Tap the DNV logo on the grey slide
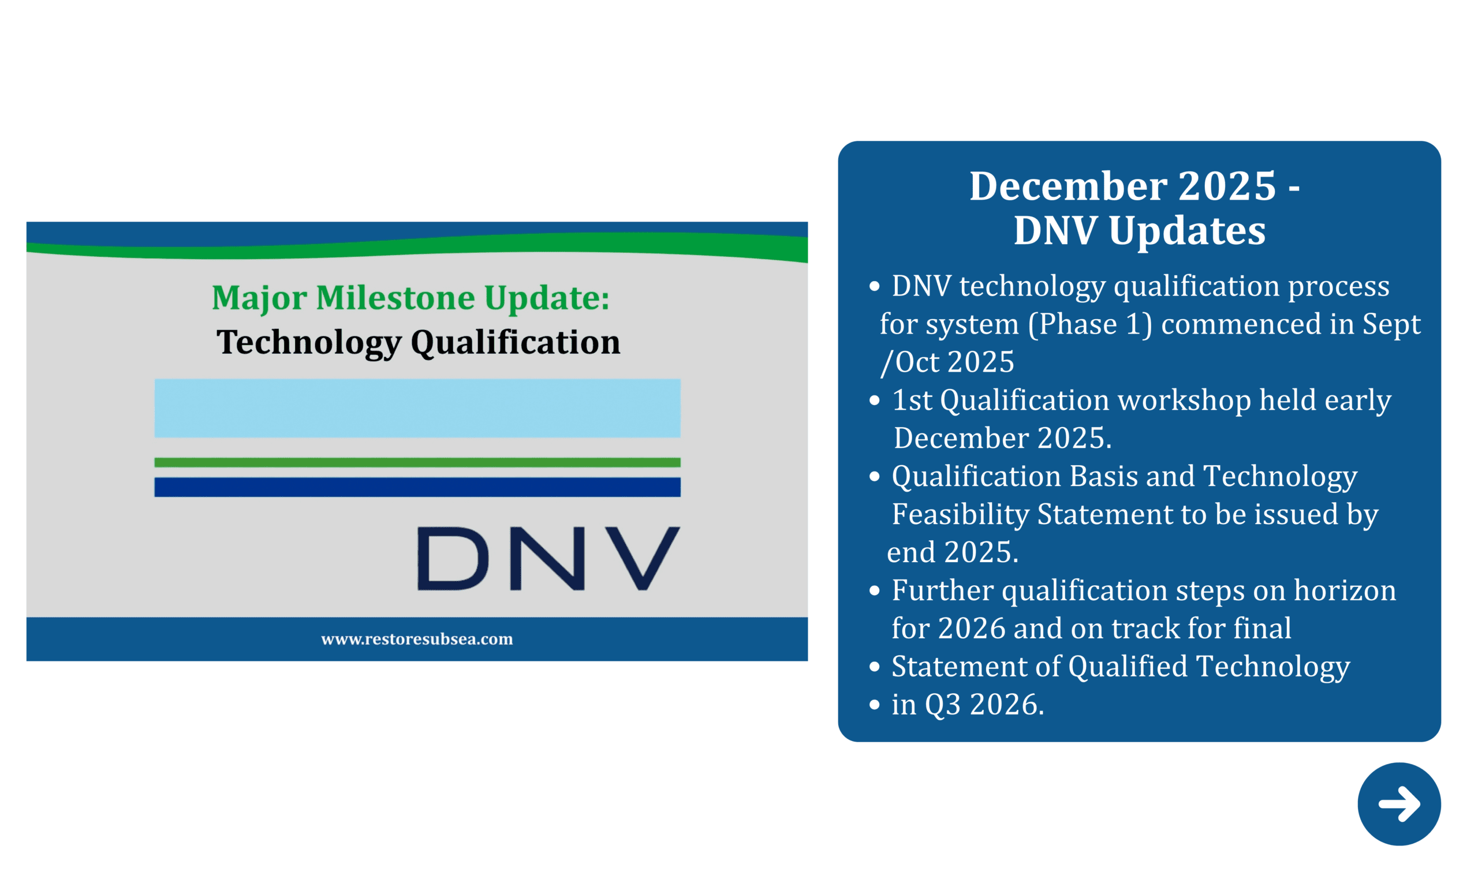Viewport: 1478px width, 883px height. (548, 558)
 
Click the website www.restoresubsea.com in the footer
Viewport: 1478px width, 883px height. (417, 639)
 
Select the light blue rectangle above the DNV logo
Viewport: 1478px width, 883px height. (417, 408)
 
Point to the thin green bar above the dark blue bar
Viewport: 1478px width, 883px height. (417, 462)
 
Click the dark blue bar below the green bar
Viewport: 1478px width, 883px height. (417, 487)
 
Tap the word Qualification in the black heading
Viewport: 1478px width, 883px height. (515, 342)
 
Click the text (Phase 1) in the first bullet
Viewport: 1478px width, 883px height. (1090, 324)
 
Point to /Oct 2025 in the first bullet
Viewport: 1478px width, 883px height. (947, 362)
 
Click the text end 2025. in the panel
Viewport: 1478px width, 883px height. (953, 552)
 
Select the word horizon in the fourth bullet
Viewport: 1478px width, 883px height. (1344, 590)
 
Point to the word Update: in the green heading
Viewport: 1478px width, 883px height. (546, 297)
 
